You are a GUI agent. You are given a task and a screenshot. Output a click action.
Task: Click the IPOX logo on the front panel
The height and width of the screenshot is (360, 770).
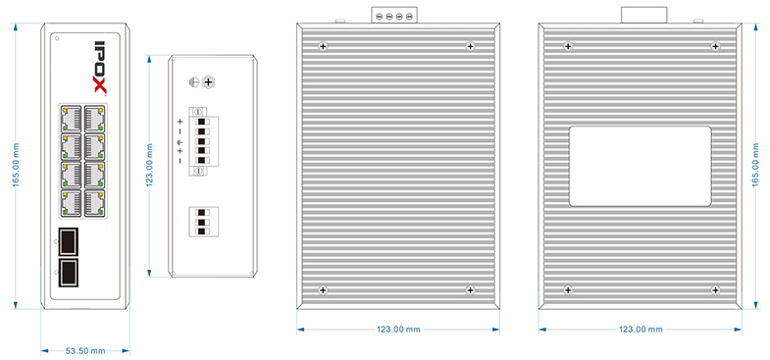coord(100,67)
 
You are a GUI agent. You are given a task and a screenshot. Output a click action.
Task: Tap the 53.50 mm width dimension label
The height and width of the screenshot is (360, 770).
coord(85,350)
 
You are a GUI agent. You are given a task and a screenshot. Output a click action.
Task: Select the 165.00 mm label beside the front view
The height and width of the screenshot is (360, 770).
coord(16,165)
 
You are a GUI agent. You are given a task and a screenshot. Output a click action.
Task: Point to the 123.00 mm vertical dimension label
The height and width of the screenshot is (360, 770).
coord(150,166)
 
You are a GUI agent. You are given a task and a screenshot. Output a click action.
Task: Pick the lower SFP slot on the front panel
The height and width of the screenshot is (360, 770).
coord(69,273)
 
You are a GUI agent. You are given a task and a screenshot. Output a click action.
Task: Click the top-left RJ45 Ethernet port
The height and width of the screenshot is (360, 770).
coord(71,118)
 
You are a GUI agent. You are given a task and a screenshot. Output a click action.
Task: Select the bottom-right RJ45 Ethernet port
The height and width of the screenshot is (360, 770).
coord(93,203)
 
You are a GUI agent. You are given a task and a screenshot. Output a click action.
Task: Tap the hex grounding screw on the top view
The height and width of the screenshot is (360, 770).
coord(208,82)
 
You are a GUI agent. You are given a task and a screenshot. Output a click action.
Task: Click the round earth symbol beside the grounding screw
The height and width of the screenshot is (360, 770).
coord(194,82)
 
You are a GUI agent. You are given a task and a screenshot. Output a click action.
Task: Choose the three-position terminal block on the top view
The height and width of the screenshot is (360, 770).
coord(203,223)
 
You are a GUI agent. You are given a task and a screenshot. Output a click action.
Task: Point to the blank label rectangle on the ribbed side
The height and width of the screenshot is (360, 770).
coord(640,166)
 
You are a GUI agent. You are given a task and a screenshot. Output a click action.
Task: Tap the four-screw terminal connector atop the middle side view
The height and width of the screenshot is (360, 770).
coord(393,15)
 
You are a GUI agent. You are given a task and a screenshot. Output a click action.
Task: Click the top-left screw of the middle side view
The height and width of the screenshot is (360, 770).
coord(323,47)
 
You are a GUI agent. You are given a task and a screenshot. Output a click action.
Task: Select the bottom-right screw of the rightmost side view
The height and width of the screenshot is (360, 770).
coord(715,290)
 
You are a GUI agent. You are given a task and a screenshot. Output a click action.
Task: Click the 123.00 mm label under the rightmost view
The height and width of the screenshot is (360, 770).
coord(641,330)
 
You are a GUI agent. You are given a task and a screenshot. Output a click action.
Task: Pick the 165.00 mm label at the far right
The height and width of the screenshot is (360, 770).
coord(757,165)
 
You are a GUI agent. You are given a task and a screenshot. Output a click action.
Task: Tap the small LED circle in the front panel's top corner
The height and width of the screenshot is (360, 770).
coord(58,38)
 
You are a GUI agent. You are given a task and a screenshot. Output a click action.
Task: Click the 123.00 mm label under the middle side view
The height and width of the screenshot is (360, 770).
coord(398,330)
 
